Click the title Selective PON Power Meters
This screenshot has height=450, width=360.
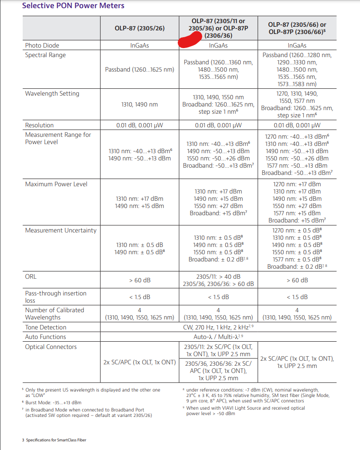click(73, 6)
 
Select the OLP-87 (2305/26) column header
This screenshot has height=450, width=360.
click(139, 28)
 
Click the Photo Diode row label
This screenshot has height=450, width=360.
click(42, 45)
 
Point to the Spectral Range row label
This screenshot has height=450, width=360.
click(45, 55)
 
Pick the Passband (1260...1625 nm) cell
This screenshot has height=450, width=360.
click(139, 70)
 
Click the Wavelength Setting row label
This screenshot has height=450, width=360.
click(52, 93)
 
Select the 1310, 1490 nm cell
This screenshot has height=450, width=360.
click(139, 104)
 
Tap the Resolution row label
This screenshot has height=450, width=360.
click(39, 125)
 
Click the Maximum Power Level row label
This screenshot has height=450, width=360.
click(56, 184)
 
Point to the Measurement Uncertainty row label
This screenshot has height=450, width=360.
click(61, 230)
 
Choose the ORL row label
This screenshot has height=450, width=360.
click(31, 276)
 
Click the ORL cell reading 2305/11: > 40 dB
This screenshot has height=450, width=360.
click(218, 276)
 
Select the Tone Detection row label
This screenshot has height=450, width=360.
click(46, 327)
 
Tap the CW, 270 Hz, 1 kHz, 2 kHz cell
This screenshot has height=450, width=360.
click(218, 327)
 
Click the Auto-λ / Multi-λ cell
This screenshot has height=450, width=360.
click(218, 337)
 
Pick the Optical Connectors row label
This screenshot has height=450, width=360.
click(51, 347)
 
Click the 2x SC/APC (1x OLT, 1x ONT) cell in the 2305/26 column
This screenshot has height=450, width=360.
click(139, 362)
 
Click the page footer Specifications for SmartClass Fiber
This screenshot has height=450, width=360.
click(54, 440)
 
